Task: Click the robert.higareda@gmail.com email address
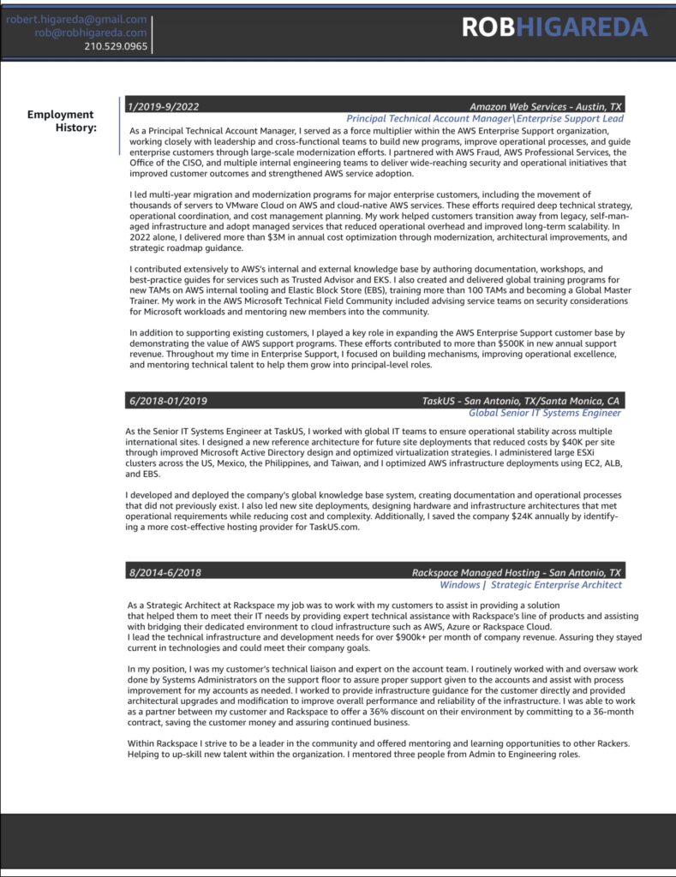coord(76,19)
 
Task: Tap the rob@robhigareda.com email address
coord(91,33)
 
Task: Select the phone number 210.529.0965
coord(116,46)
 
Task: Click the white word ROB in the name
coord(488,27)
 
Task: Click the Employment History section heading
coord(62,121)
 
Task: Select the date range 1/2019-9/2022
coord(163,106)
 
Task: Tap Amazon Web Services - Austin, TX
coord(546,106)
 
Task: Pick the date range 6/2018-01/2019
coord(167,400)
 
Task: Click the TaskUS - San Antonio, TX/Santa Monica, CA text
coord(521,400)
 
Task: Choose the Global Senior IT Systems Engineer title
coord(544,413)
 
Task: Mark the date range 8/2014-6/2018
coord(165,572)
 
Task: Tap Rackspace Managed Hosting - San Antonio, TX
coord(517,572)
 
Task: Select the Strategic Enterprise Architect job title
coord(557,585)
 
